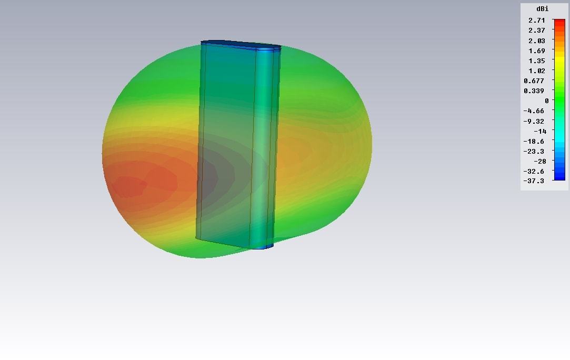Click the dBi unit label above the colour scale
(542, 9)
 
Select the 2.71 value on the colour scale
(536, 21)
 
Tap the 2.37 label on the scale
(536, 31)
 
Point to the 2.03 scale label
(536, 41)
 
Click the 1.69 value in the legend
(536, 51)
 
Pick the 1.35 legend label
(536, 61)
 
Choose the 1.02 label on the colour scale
(536, 71)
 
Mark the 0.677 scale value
(534, 81)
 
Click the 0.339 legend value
(534, 91)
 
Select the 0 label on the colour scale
(546, 101)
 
